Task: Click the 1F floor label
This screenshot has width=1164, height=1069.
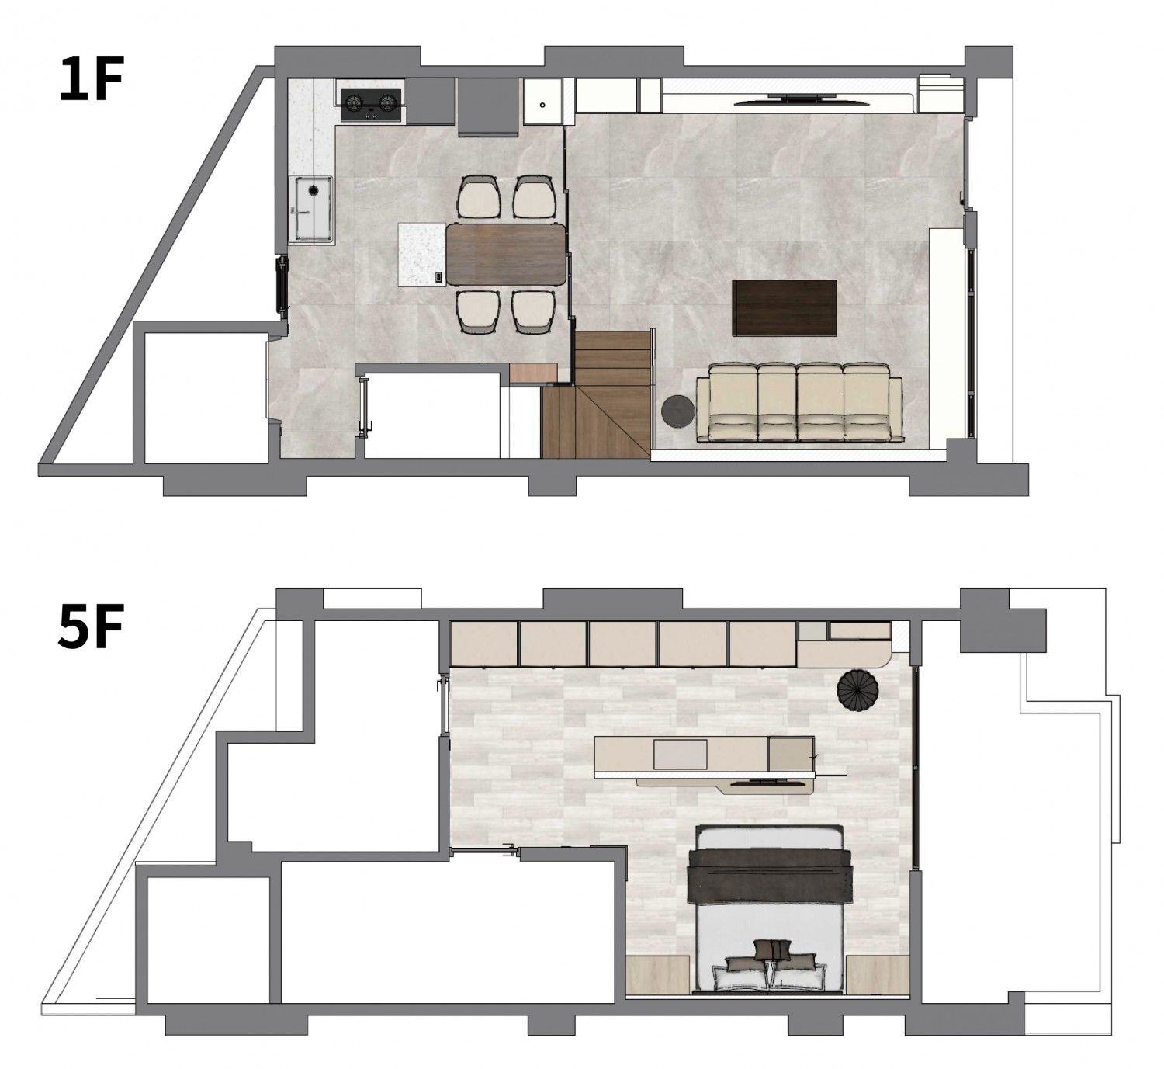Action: coord(92,78)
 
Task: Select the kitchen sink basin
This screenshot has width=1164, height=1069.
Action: coord(312,209)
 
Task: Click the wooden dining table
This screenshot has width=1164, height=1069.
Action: coord(505,255)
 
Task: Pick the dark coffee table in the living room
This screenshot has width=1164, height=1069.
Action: coord(784,307)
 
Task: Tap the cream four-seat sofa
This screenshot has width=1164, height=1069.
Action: coord(799,402)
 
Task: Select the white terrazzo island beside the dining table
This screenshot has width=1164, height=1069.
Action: coord(422,255)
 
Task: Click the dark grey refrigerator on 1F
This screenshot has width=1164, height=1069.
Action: coord(487,107)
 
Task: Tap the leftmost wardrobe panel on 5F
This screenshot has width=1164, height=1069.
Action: coord(483,644)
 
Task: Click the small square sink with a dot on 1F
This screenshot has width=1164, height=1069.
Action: coord(543,101)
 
